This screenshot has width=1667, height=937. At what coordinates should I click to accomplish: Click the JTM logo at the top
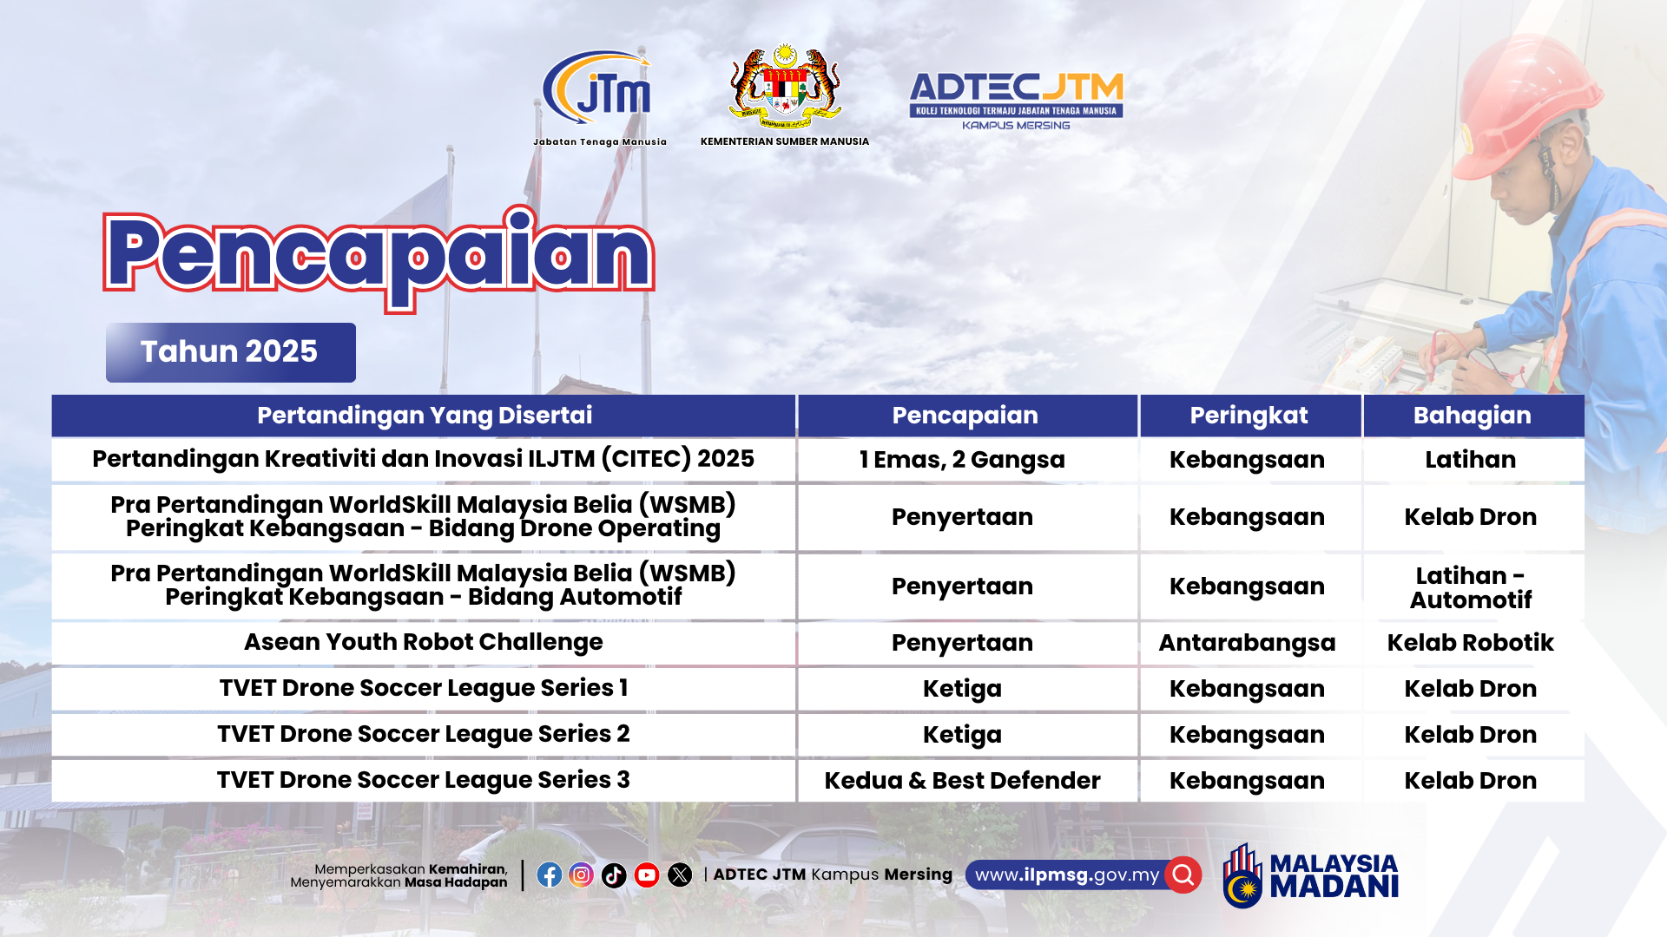[599, 96]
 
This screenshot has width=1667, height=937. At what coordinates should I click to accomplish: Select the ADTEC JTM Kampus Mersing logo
[1016, 101]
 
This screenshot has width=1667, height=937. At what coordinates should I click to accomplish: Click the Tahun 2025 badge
[231, 352]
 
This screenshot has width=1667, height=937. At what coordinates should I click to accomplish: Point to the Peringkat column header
[1249, 416]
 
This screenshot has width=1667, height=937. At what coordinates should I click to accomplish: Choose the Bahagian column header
[1473, 416]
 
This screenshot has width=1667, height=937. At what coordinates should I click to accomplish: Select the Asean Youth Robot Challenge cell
[424, 642]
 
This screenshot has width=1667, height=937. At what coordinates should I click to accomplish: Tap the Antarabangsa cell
[1248, 643]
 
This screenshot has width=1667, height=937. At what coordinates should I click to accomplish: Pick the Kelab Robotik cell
[1471, 643]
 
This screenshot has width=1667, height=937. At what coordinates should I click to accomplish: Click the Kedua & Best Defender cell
[963, 781]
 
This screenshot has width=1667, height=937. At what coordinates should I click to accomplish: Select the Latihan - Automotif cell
[1471, 587]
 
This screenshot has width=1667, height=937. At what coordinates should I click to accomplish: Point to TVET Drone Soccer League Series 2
[424, 734]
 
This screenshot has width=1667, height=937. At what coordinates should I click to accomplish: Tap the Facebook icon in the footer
[549, 875]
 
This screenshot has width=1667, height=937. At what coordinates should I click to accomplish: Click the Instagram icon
[582, 875]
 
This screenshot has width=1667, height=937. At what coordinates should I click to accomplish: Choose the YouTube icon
[647, 875]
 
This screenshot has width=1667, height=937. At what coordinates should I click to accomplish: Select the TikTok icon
[614, 875]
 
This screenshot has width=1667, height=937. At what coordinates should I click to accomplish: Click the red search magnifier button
[1183, 875]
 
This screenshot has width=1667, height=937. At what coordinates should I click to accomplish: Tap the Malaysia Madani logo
[1310, 875]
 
